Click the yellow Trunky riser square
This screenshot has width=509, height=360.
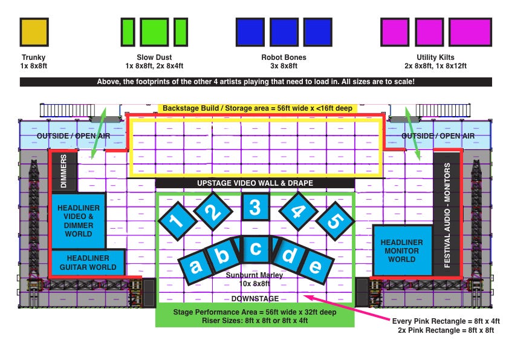[34, 32]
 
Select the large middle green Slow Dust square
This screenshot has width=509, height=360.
[154, 32]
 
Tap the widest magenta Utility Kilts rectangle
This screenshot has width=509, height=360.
[470, 32]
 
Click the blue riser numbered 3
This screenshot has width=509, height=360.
[256, 207]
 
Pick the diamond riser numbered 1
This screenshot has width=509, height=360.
[178, 221]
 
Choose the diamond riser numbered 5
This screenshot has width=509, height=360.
[335, 221]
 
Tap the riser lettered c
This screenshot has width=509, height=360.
[256, 249]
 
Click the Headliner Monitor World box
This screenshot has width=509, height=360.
[403, 250]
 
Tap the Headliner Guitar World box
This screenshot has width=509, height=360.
[88, 263]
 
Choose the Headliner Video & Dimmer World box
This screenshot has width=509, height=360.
[78, 221]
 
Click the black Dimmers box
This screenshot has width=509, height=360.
[64, 171]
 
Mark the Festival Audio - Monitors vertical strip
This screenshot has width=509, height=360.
[447, 214]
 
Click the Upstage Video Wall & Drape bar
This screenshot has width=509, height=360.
[255, 183]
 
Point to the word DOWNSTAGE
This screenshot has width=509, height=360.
[255, 299]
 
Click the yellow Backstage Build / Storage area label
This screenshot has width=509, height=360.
[258, 108]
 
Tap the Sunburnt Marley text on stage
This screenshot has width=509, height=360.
[254, 275]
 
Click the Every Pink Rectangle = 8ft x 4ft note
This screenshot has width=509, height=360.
[446, 321]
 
